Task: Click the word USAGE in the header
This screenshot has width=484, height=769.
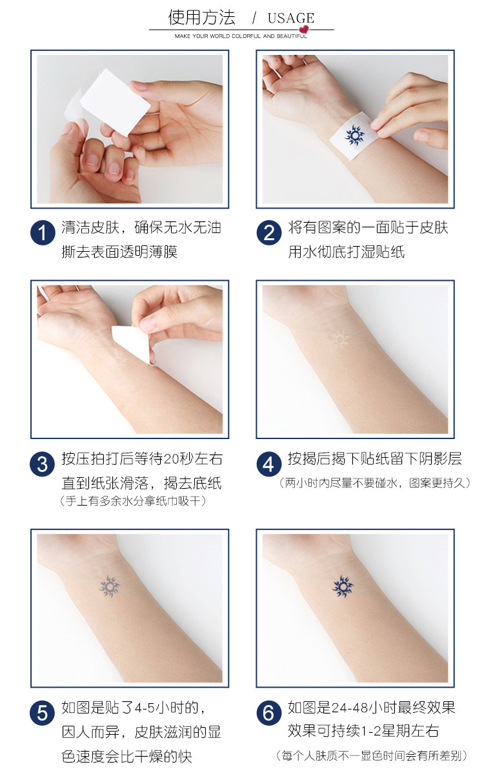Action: [x=290, y=18]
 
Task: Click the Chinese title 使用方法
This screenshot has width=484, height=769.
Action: [x=202, y=17]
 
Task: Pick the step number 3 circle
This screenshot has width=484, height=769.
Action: [x=43, y=464]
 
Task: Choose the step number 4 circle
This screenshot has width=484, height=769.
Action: [x=269, y=464]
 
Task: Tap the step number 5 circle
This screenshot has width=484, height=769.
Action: [x=43, y=713]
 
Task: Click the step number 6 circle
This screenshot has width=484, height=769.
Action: [x=269, y=713]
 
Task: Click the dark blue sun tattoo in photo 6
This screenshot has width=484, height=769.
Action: [x=343, y=586]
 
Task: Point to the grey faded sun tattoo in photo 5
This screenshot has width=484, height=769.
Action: [x=110, y=586]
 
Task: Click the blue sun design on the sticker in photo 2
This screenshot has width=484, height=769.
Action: [x=354, y=135]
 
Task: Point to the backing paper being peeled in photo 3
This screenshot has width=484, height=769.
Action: [x=132, y=343]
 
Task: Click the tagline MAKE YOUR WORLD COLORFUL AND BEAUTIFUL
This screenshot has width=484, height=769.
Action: [x=241, y=37]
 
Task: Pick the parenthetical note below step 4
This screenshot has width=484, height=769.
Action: [x=375, y=483]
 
